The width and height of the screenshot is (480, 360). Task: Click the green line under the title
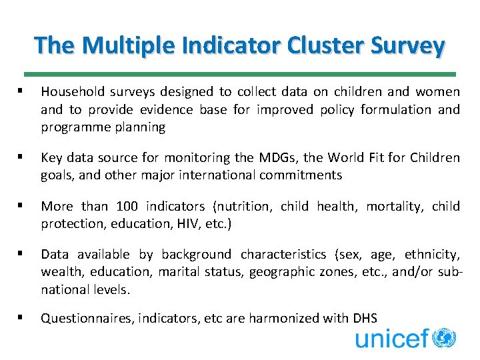click(x=239, y=74)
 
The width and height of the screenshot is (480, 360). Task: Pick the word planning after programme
click(x=141, y=127)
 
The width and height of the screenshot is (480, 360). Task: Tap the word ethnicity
click(x=431, y=254)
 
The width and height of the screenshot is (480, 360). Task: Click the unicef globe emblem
click(x=443, y=339)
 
